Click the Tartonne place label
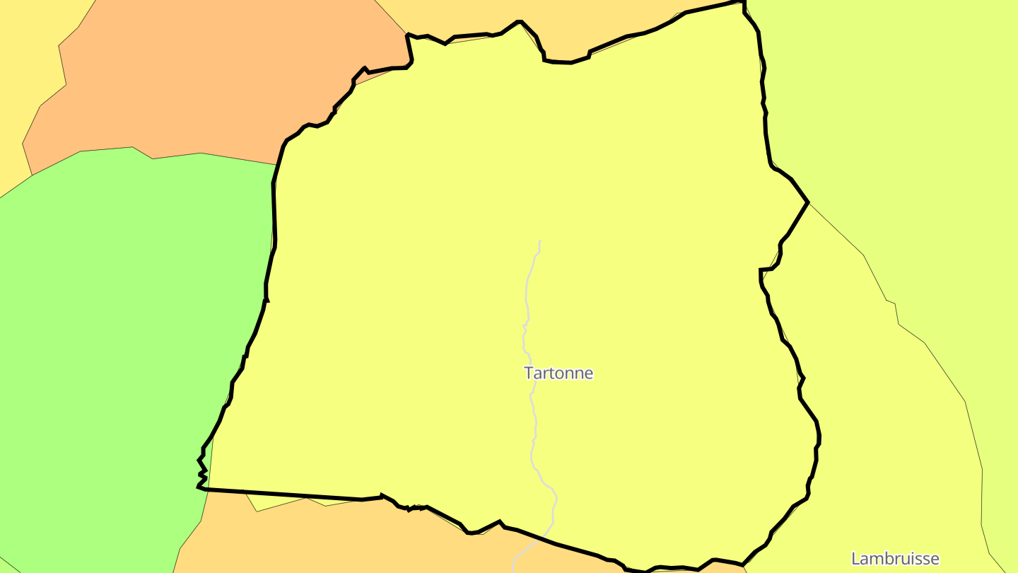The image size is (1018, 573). (558, 373)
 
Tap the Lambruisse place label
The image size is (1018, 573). (895, 559)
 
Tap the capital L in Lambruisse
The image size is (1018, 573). (855, 559)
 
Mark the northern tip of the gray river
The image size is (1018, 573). (540, 242)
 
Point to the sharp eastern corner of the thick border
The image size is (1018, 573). (807, 202)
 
